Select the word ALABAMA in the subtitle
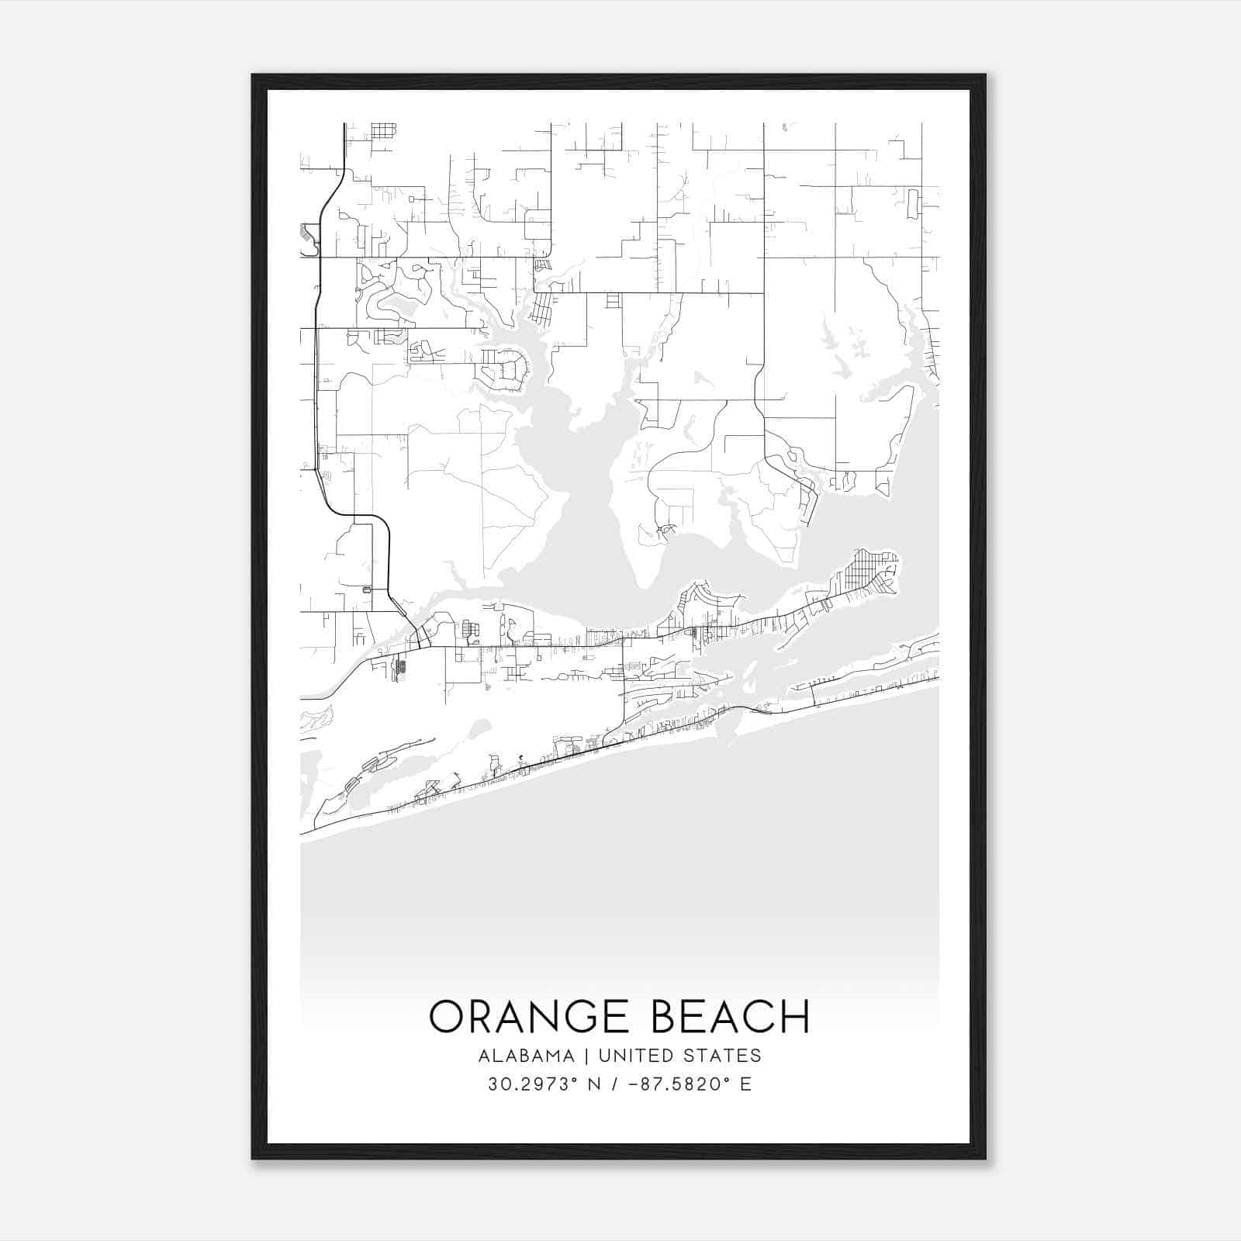(x=527, y=1056)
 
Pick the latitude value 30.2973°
(x=533, y=1084)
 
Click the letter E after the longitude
(x=745, y=1084)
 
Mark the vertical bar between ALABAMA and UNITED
(x=586, y=1056)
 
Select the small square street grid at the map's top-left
(x=383, y=130)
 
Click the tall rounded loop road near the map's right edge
(x=913, y=203)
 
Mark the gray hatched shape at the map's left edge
(x=308, y=237)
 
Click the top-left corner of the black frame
(x=253, y=76)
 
